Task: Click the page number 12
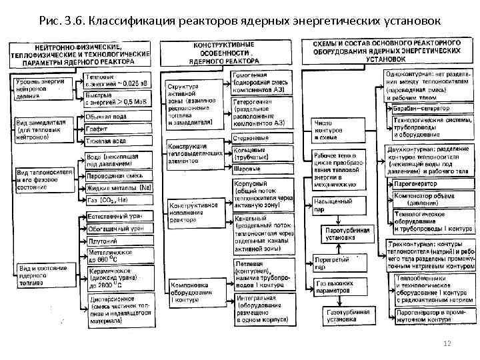pyautogui.click(x=447, y=342)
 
